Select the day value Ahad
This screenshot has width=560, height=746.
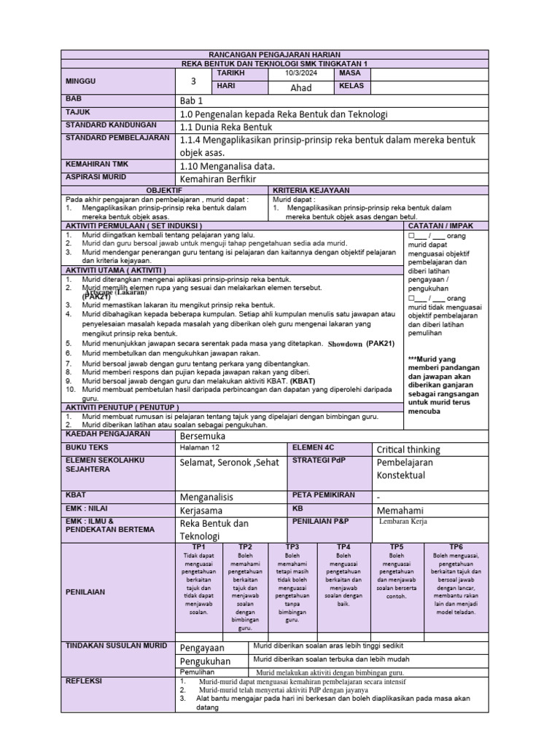[300, 87]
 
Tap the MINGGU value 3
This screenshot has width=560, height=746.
[193, 82]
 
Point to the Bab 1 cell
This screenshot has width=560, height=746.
[192, 101]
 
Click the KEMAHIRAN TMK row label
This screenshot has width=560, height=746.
[97, 165]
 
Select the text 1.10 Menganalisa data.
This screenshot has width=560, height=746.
[227, 166]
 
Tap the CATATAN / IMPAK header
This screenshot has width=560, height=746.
[441, 227]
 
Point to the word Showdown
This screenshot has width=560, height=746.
[345, 344]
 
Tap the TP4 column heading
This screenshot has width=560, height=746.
[343, 546]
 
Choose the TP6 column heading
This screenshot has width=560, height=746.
[456, 546]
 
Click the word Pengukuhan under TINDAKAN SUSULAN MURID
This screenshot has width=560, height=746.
[205, 661]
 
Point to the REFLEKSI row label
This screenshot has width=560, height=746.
[85, 681]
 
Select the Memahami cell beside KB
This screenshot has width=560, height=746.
[400, 510]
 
